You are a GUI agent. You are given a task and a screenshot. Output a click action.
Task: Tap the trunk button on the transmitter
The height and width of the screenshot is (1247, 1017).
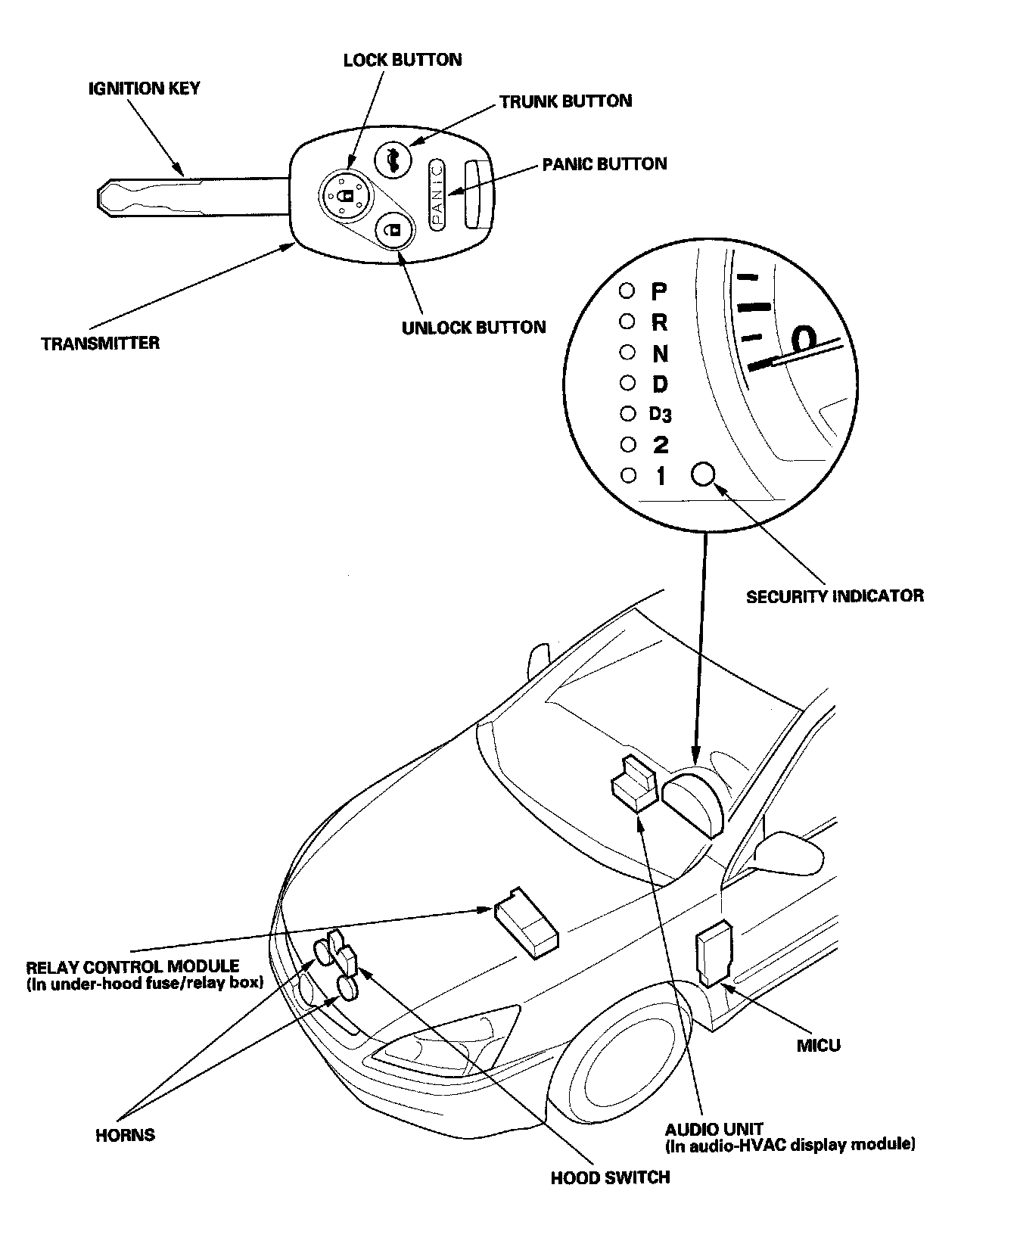(x=393, y=160)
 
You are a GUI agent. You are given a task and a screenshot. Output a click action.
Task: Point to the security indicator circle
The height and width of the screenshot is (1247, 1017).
(x=703, y=474)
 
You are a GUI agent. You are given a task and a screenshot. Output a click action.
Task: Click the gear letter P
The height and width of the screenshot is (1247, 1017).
(x=659, y=291)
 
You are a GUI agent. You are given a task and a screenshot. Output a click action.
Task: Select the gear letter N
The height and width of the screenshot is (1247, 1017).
(x=660, y=353)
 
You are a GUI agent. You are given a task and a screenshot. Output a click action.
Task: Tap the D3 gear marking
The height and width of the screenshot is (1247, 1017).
(x=660, y=414)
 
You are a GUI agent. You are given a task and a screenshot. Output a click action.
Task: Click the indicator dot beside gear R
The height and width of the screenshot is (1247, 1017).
(x=627, y=322)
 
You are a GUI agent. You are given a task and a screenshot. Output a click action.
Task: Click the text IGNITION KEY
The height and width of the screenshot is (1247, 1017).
(x=144, y=89)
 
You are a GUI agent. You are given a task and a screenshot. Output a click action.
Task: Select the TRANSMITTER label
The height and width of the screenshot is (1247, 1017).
(x=101, y=344)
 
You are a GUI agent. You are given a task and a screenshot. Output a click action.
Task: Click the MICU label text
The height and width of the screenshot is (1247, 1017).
(x=819, y=1046)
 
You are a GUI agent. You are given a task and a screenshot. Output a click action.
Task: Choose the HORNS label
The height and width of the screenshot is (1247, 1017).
(x=126, y=1135)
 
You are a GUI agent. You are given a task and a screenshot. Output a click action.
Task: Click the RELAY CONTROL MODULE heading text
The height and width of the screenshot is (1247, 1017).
(x=132, y=967)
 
